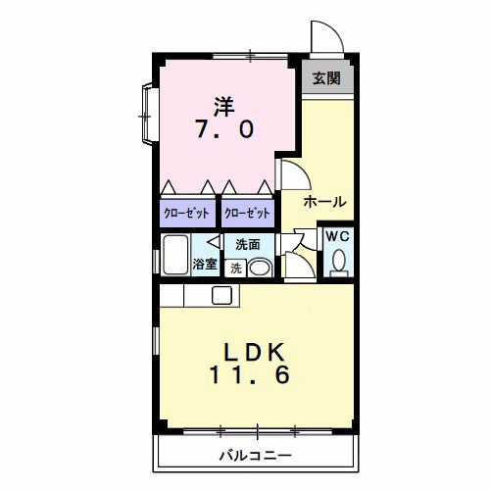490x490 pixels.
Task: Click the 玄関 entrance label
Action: [326, 78]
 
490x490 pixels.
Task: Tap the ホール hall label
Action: [325, 202]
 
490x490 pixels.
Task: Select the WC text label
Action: [338, 236]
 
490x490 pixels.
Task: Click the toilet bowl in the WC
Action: [339, 263]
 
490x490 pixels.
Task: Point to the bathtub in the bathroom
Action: [175, 255]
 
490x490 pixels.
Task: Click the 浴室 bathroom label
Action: [205, 264]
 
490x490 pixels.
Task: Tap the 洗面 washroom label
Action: [248, 244]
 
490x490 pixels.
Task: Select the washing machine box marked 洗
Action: [235, 269]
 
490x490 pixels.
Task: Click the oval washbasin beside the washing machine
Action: [260, 269]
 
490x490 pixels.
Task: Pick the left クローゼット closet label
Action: [186, 214]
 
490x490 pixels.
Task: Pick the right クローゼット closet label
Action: [247, 214]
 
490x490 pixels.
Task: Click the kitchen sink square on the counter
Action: [222, 295]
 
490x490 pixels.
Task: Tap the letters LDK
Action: [253, 353]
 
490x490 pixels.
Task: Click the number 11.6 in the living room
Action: [249, 374]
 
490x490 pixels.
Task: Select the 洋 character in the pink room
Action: [224, 107]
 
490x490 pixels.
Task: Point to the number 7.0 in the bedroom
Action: [224, 129]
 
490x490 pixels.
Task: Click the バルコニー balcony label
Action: [255, 456]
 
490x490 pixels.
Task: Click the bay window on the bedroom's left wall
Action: [148, 114]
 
